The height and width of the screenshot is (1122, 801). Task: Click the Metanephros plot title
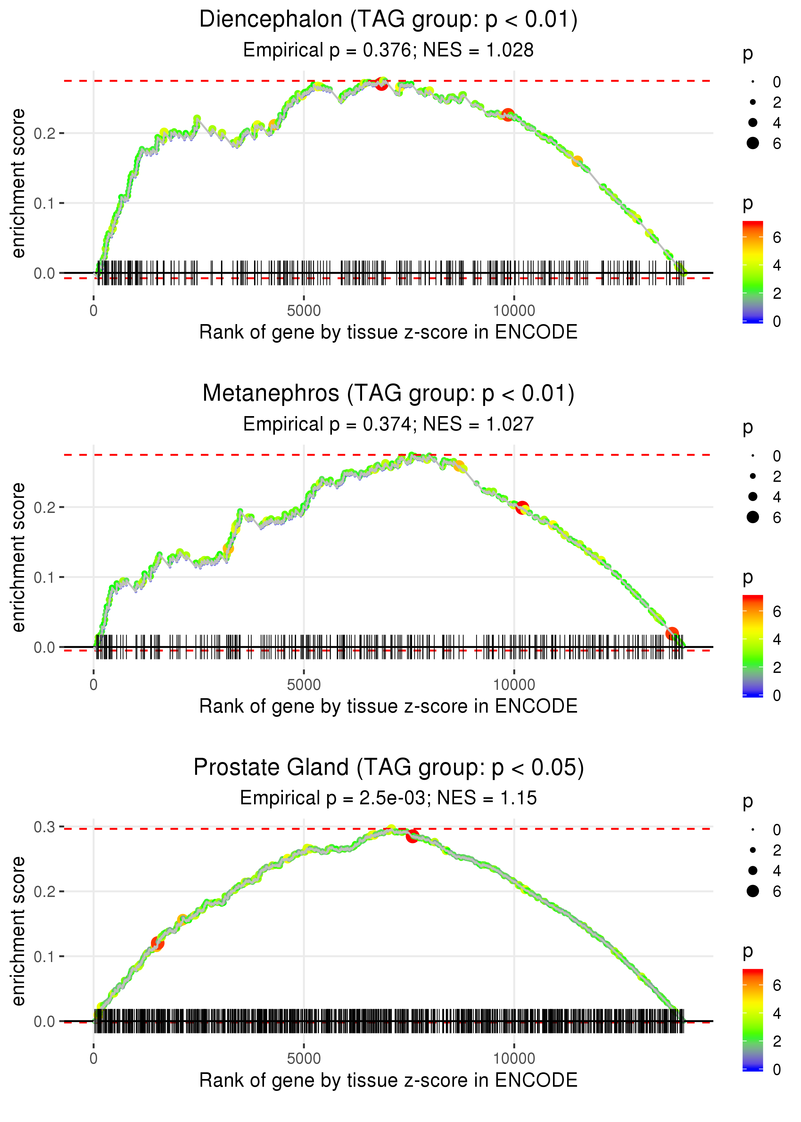point(388,394)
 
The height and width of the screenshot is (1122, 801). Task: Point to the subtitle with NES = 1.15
point(388,798)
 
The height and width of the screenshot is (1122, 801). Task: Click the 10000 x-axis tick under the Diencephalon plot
point(514,311)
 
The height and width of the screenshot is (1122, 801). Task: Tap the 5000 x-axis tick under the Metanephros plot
point(304,685)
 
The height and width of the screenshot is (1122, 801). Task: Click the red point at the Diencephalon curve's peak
point(381,83)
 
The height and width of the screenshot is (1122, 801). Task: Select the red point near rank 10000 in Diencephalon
point(508,115)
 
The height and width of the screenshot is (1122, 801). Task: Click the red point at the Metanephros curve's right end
point(672,633)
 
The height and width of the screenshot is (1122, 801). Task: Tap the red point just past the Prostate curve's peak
point(412,836)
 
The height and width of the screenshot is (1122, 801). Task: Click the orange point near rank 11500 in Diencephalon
point(577,161)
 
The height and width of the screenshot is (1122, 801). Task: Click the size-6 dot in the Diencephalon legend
point(753,143)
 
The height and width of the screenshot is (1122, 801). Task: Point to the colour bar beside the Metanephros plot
point(753,645)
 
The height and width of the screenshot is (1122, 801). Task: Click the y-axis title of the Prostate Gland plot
point(18,931)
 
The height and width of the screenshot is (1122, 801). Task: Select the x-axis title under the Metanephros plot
point(388,706)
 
